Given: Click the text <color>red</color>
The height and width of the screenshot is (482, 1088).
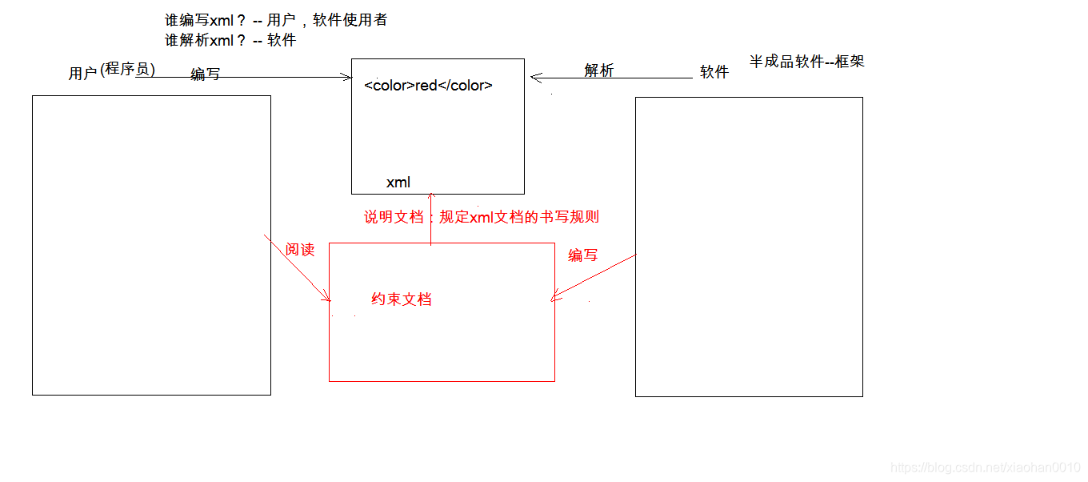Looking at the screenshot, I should [x=428, y=86].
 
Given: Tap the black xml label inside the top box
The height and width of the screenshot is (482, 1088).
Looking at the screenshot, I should [x=398, y=183].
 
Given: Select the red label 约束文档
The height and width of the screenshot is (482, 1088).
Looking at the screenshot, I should [x=402, y=299].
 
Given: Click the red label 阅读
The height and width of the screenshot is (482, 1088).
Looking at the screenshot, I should [x=300, y=250].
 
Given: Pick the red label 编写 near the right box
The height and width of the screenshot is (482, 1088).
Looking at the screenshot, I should [x=583, y=255].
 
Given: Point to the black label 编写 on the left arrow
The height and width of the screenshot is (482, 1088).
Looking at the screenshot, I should [x=206, y=74].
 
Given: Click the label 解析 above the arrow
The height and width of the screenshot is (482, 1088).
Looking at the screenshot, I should [x=599, y=70].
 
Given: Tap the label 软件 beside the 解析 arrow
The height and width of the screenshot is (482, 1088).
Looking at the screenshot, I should [x=714, y=72].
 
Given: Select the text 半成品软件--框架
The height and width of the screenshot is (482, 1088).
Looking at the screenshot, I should [x=806, y=61].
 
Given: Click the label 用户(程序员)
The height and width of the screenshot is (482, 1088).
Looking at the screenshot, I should [x=112, y=72].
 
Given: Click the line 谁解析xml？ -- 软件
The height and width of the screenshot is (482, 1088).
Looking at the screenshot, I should [x=230, y=40].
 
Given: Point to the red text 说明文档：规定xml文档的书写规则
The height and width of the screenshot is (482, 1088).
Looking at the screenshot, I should [x=482, y=217].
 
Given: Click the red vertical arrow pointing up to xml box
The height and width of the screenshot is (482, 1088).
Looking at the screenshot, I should [x=431, y=219].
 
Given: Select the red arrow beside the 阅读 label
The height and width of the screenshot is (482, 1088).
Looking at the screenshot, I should [x=298, y=269].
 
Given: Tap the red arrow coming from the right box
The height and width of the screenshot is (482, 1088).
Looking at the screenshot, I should [x=594, y=278].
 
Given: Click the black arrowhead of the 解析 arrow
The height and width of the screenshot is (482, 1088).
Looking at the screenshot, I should [x=536, y=78].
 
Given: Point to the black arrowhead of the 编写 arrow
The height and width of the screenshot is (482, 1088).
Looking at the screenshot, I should [x=346, y=78].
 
